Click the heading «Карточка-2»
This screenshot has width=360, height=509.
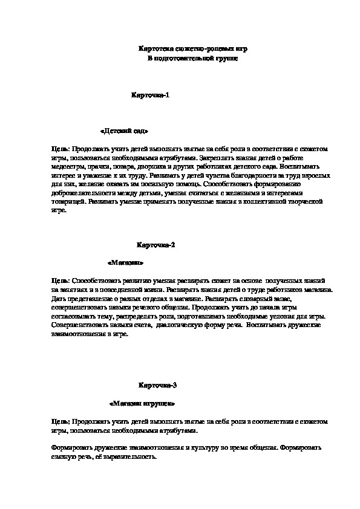(x=155, y=245)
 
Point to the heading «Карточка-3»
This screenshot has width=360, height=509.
(x=157, y=385)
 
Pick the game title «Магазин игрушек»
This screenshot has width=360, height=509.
(x=142, y=403)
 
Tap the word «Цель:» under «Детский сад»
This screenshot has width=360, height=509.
(x=61, y=148)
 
